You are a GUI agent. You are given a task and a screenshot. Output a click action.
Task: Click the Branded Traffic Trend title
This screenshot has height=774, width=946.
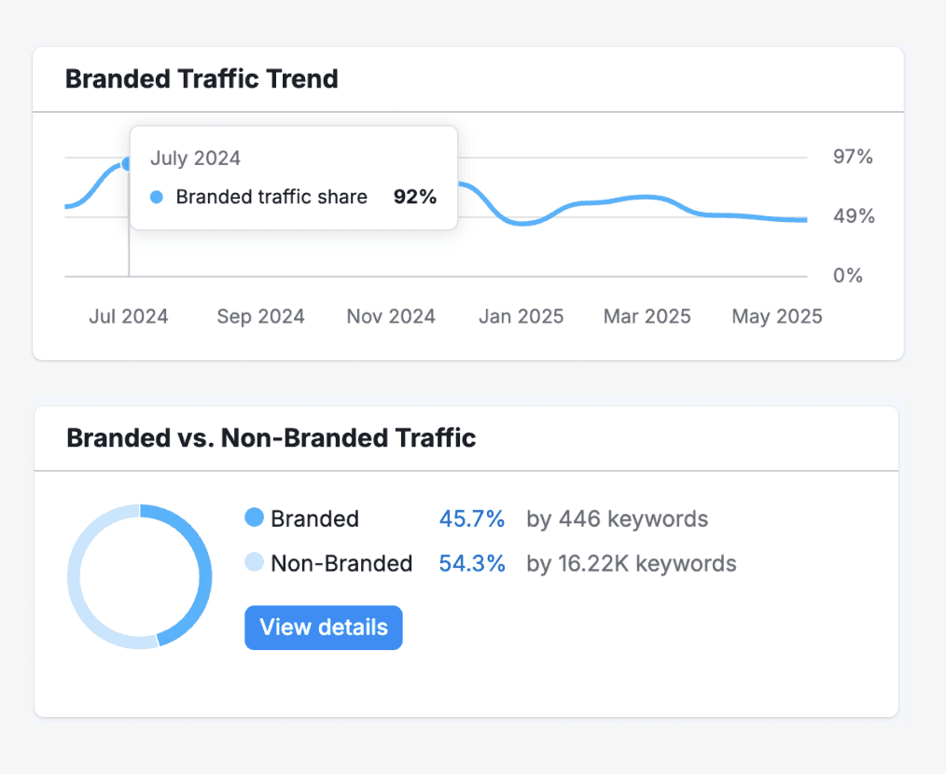[x=202, y=79]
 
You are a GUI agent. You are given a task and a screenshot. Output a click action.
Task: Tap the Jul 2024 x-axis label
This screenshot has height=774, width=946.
[x=129, y=316]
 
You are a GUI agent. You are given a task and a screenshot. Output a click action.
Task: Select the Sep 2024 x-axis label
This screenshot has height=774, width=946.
[x=260, y=316]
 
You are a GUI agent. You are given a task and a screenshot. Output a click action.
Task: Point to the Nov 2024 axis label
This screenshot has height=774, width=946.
[x=391, y=316]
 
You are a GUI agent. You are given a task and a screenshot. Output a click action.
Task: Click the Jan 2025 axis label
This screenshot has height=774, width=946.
[x=521, y=316]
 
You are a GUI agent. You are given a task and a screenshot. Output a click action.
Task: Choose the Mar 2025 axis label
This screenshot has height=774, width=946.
[x=647, y=316]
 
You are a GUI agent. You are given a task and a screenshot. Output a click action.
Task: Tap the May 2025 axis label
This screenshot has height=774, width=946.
[x=777, y=316]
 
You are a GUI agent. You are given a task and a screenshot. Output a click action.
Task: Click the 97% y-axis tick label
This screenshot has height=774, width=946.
[x=854, y=157]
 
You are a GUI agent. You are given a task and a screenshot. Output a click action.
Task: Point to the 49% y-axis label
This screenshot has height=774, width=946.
[x=854, y=216]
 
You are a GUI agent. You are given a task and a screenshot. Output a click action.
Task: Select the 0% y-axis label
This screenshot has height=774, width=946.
[x=848, y=276]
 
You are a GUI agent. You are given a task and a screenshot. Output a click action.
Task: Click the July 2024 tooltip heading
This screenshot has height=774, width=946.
[x=195, y=159]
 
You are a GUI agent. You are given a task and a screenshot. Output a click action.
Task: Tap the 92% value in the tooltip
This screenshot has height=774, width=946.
[x=414, y=197]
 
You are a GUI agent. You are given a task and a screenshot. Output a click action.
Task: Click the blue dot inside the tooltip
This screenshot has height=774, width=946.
[x=157, y=197]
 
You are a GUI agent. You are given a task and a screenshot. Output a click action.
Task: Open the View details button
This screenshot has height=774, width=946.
[x=324, y=628]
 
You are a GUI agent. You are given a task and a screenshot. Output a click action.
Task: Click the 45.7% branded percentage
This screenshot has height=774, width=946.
[x=472, y=518]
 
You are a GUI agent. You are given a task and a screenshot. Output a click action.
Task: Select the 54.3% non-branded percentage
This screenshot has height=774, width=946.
[x=472, y=563]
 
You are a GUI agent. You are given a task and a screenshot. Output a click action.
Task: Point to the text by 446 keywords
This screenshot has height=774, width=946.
[x=617, y=518]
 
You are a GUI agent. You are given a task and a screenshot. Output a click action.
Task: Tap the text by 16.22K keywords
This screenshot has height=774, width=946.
[x=632, y=563]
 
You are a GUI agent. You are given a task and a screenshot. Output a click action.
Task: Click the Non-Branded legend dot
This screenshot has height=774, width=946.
[x=254, y=562]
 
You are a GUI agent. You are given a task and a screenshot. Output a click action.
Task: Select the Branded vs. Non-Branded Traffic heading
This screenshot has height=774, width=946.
[x=271, y=437]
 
